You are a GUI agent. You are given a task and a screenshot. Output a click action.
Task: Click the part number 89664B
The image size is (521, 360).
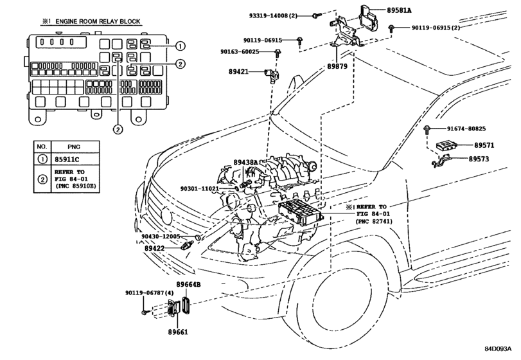click(190, 283)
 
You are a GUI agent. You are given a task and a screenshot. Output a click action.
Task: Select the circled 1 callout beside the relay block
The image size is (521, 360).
click(181, 46)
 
